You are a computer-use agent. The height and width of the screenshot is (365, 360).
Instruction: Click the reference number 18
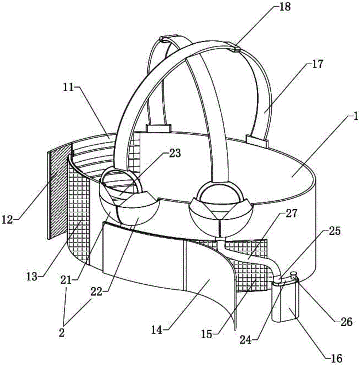tap(285, 7)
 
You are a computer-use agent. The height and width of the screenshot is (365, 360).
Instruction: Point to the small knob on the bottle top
tap(293, 273)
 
